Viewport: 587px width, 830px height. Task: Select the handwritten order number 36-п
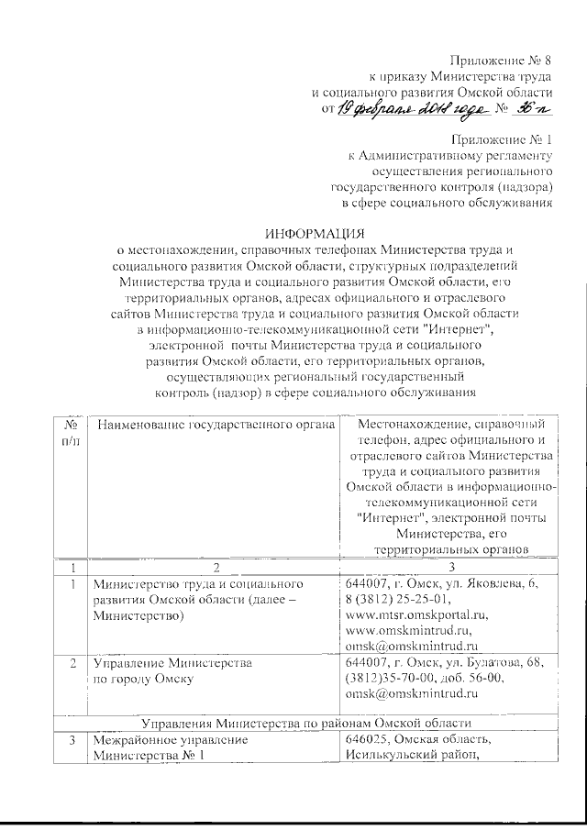[532, 109]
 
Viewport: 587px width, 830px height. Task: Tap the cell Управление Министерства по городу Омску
[166, 670]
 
